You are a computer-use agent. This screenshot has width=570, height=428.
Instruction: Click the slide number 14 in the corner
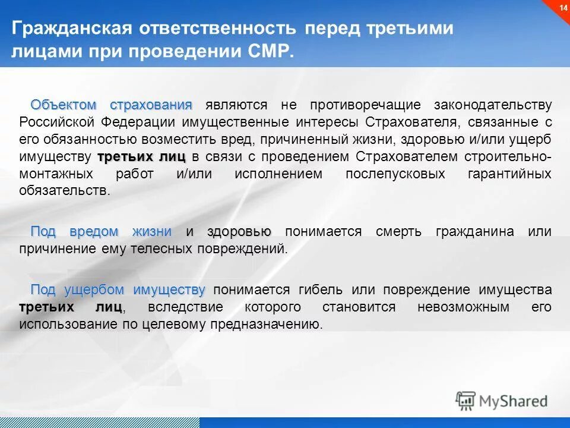(x=560, y=7)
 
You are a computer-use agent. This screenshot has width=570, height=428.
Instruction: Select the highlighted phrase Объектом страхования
(x=112, y=105)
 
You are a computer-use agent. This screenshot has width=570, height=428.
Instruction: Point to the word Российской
(x=57, y=122)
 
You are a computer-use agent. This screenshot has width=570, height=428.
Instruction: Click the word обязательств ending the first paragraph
(x=64, y=191)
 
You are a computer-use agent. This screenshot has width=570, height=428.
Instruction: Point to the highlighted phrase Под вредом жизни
(x=101, y=232)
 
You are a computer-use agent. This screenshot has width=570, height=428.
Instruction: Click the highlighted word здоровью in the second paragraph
(x=239, y=232)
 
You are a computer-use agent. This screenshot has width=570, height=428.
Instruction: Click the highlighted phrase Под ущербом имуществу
(x=118, y=290)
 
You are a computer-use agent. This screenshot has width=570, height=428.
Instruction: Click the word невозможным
(x=455, y=307)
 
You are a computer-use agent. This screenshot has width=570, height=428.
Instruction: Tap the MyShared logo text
(x=514, y=401)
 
